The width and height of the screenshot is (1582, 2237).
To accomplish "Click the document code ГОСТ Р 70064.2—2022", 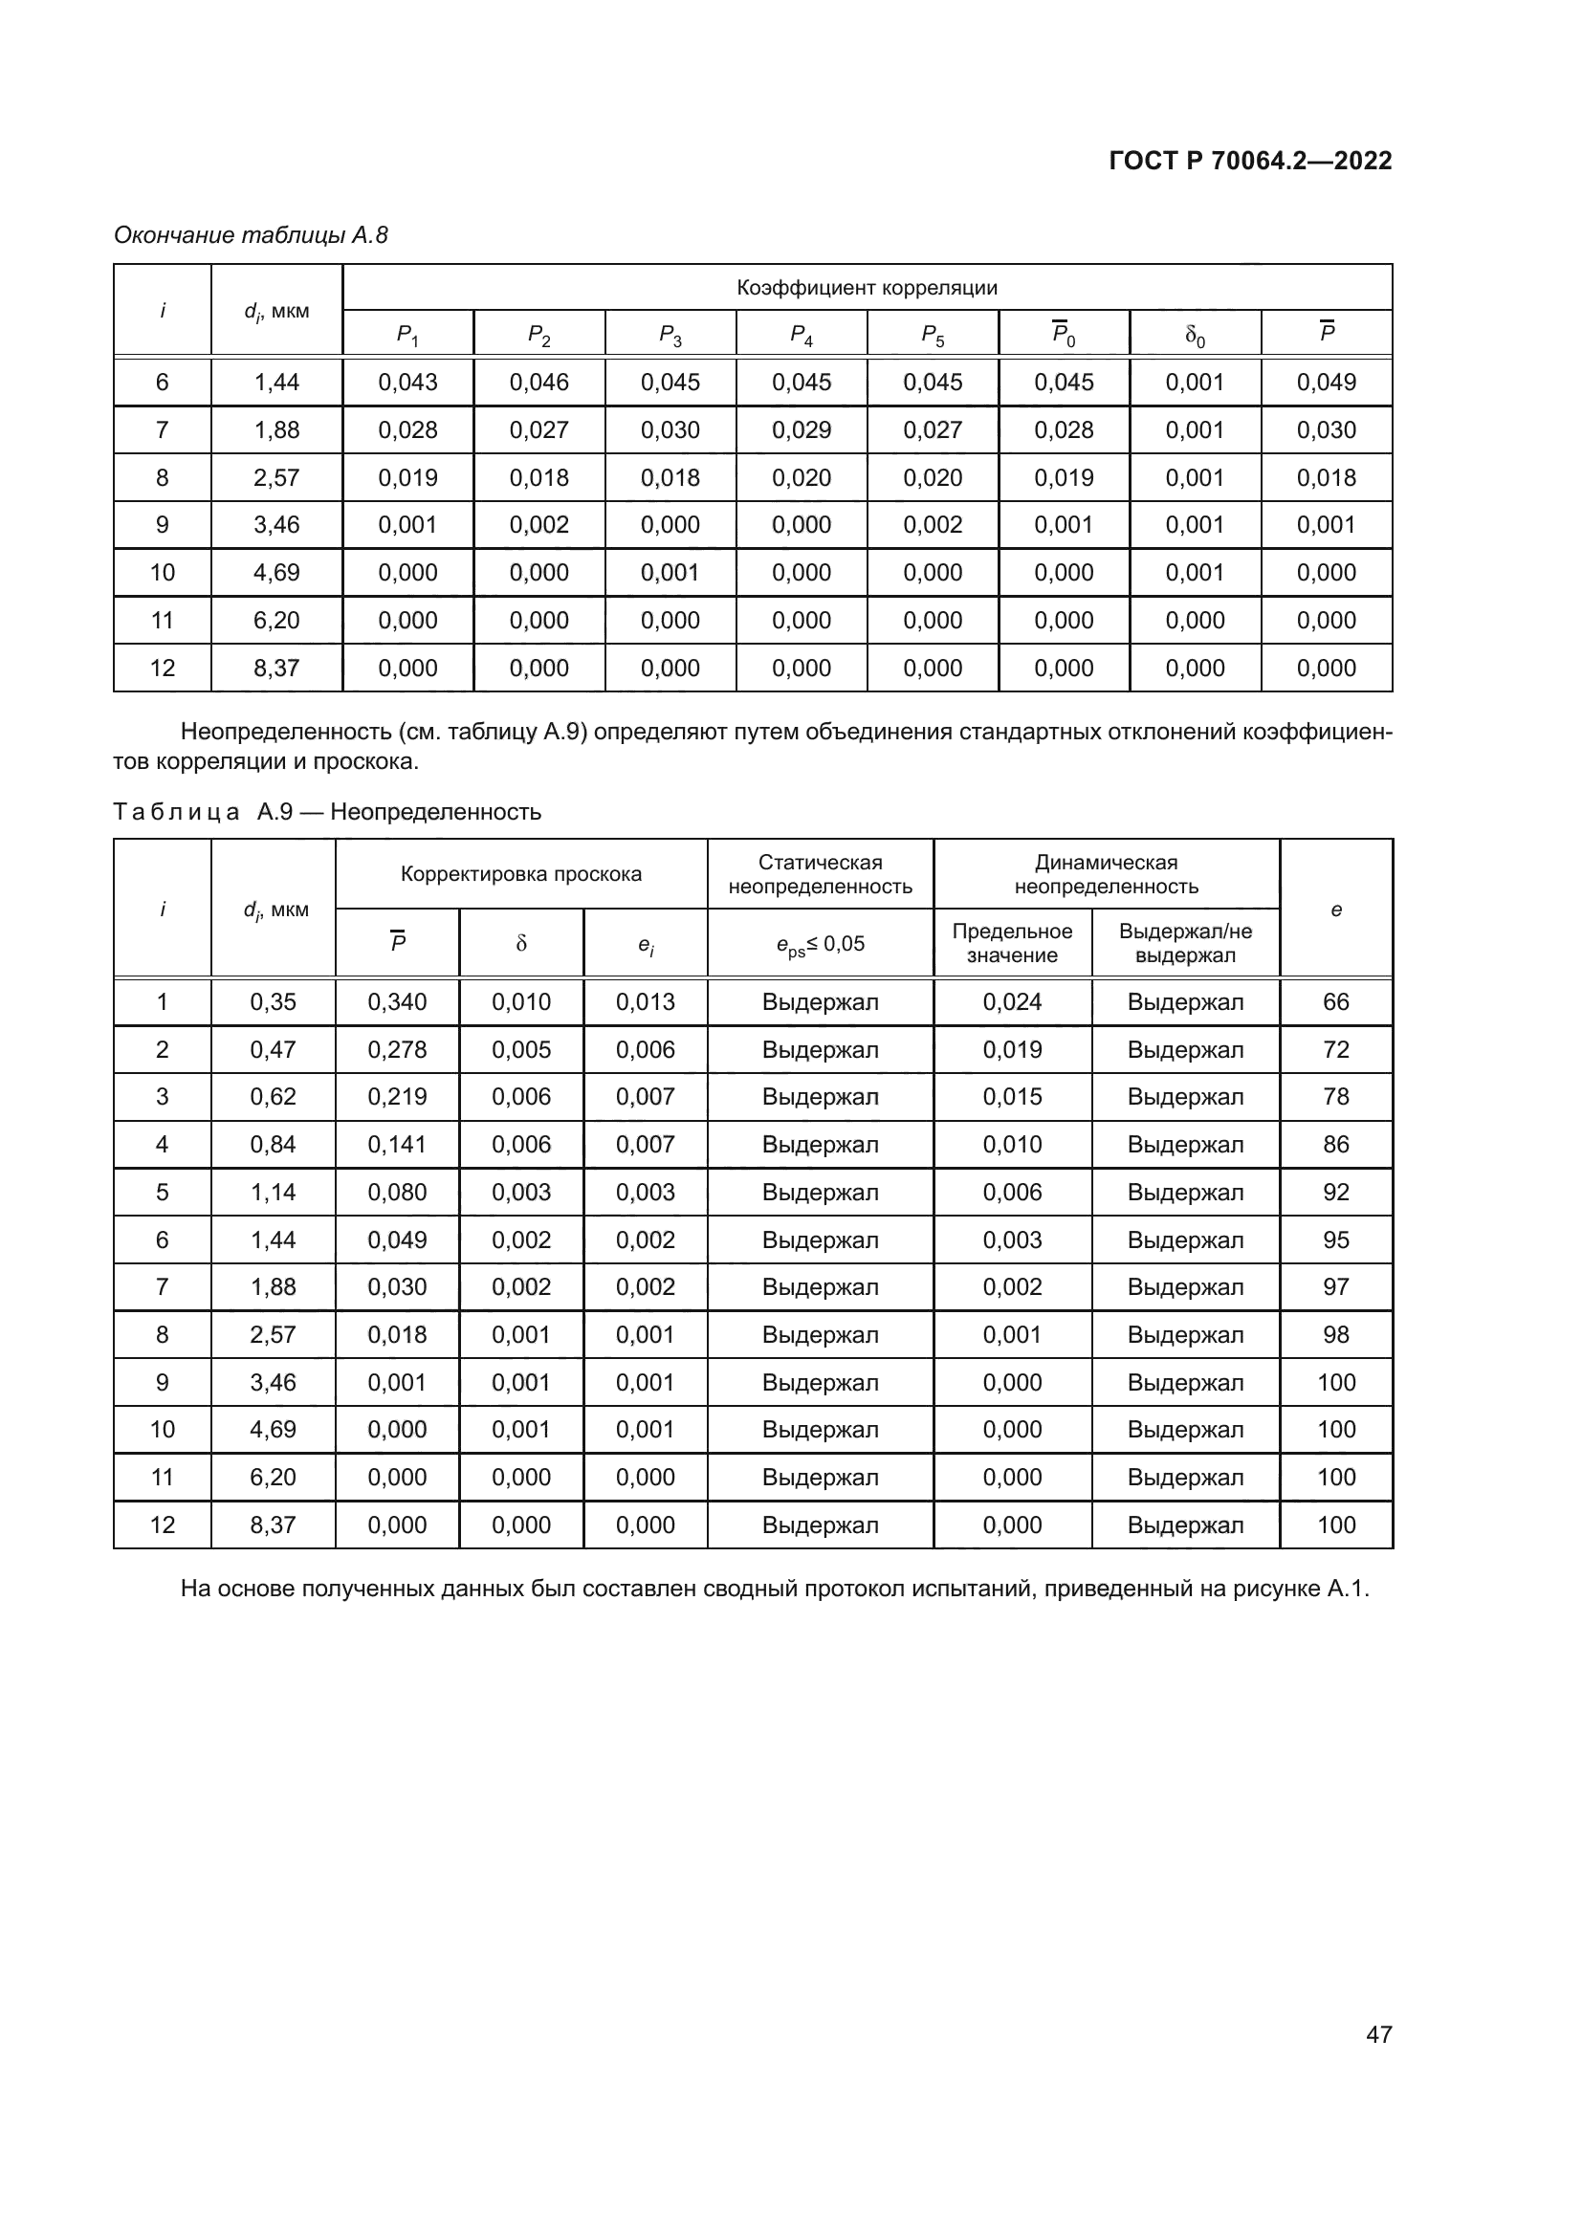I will coord(1250,161).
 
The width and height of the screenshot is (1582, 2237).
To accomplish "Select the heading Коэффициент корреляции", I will coord(867,288).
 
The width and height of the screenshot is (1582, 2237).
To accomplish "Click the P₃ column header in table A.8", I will coord(670,334).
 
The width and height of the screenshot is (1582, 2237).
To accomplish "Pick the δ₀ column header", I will coord(1195,334).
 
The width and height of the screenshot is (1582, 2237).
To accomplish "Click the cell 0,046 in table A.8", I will coord(538,382).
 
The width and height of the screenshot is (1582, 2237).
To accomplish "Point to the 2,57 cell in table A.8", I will coord(276,477).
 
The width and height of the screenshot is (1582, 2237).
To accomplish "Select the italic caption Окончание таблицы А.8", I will coord(251,235).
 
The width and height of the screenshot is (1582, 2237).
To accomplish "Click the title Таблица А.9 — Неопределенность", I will coord(327,812).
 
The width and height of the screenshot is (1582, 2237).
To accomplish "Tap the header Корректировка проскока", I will coord(521,874).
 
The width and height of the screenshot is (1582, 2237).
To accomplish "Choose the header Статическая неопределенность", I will coord(821,874).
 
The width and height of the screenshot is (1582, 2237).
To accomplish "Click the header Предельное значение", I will coord(1012,942).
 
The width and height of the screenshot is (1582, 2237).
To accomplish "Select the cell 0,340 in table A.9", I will coord(398,1001).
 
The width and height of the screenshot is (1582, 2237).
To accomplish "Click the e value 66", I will coord(1335,1001).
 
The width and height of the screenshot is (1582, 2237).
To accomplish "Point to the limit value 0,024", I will coord(1012,1001).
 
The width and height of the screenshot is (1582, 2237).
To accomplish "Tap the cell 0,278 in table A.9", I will coord(398,1049).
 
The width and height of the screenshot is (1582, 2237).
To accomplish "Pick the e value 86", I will coord(1335,1144).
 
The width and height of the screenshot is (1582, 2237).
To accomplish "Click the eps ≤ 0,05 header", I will coord(821,943).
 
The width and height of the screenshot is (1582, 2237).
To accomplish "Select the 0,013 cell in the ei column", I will coord(645,1001).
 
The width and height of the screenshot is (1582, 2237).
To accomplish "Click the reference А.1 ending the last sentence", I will coord(1348,1590).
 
